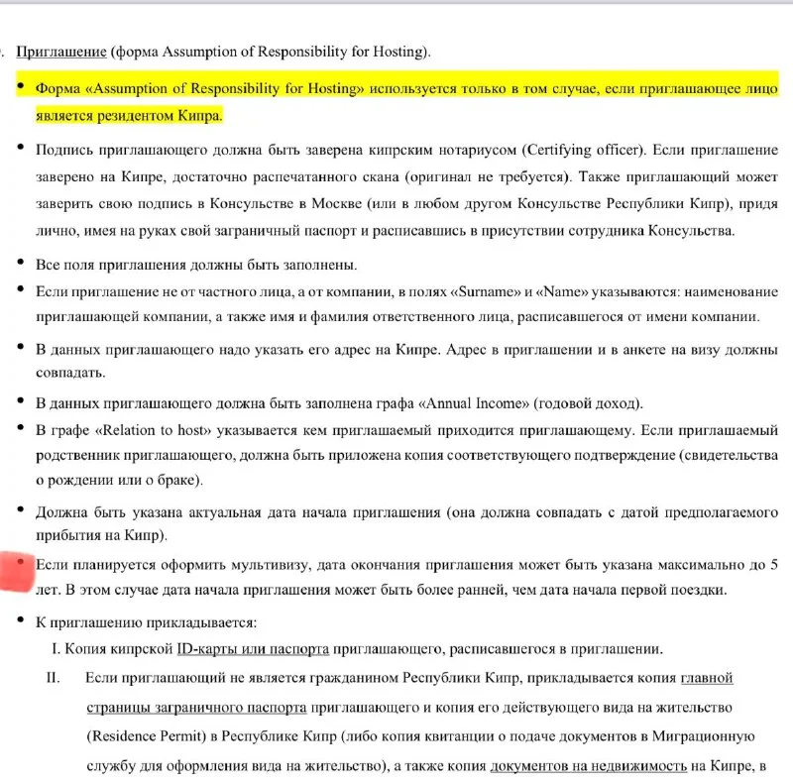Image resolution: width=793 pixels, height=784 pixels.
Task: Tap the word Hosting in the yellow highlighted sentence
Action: point(328,88)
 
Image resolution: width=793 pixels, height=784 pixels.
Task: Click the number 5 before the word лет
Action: point(773,565)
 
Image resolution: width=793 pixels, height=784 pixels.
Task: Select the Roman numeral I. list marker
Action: point(56,650)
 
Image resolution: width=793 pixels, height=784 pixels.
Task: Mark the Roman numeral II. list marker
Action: point(55,679)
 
